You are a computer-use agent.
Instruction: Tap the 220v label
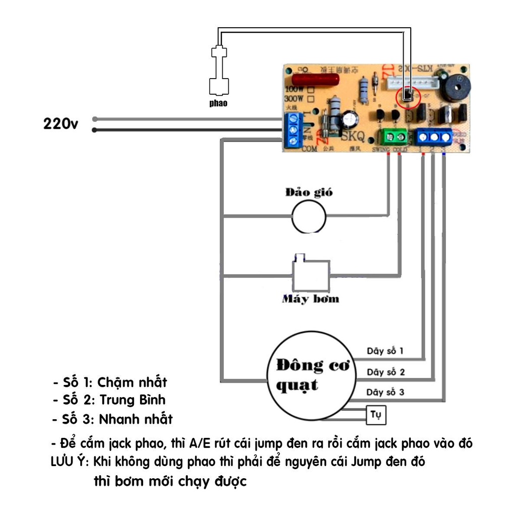click(60, 124)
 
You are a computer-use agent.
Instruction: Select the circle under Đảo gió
click(309, 216)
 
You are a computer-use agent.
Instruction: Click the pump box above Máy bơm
click(311, 275)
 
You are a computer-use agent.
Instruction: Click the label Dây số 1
click(385, 351)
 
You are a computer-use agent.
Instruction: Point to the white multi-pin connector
click(413, 83)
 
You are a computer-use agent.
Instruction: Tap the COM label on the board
click(309, 149)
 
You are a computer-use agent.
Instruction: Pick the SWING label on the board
click(381, 150)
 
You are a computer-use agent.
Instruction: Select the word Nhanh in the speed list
click(117, 419)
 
